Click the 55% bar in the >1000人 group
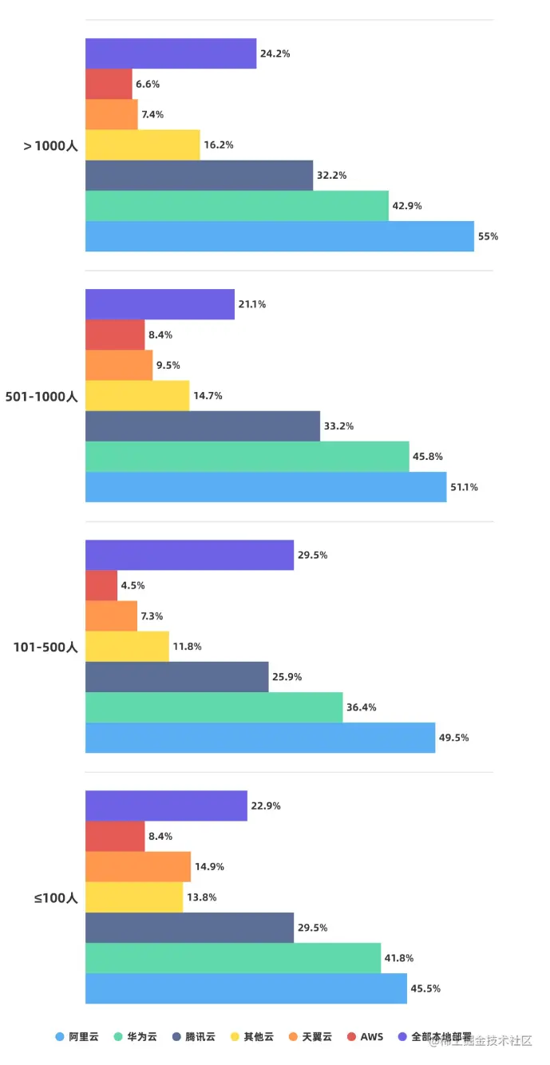(279, 236)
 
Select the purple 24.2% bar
(171, 53)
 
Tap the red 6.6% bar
(109, 84)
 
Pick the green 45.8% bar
(247, 457)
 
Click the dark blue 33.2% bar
(203, 426)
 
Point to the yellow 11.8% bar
(127, 647)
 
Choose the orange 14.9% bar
(138, 867)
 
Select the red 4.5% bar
(101, 585)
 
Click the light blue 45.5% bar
(246, 988)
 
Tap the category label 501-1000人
(42, 396)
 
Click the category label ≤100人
(56, 897)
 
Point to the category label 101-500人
(45, 647)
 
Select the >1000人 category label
(50, 145)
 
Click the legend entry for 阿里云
(77, 1037)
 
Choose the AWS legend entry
(366, 1037)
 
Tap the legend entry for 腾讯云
(194, 1037)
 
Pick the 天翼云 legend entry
(310, 1037)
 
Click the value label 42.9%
(407, 206)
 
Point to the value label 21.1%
(251, 304)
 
